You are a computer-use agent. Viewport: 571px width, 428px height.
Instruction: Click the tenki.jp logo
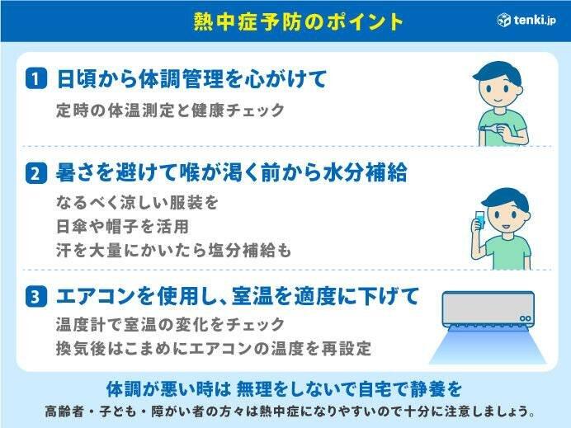[526, 20]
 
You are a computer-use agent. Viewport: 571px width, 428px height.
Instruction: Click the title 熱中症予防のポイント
[285, 21]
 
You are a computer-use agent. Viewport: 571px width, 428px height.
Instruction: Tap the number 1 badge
[35, 80]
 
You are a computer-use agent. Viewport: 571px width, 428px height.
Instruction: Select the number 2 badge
[35, 174]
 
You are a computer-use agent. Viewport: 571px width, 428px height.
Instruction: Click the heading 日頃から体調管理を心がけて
[191, 79]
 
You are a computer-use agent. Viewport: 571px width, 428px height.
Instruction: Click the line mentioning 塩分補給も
[172, 250]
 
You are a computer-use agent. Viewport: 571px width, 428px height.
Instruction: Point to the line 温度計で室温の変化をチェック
[170, 325]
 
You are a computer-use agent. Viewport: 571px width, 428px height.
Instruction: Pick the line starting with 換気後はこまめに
[210, 348]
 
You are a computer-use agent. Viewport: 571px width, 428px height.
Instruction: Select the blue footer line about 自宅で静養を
[284, 388]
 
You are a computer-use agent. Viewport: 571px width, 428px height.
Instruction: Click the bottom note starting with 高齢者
[285, 411]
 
